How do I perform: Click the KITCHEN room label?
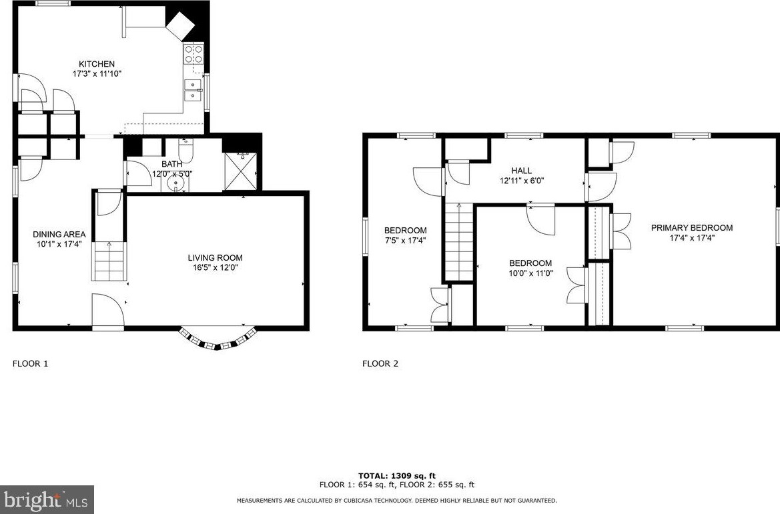[x=97, y=64]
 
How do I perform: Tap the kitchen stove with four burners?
[x=193, y=54]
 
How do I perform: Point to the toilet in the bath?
[x=184, y=149]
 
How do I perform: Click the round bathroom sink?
[x=175, y=185]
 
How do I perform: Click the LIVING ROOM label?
[x=215, y=257]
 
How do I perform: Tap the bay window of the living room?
[x=218, y=339]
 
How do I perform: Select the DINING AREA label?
[x=59, y=234]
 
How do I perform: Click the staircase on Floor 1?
[x=109, y=261]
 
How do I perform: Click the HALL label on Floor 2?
[x=521, y=171]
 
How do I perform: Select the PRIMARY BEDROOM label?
[x=691, y=228]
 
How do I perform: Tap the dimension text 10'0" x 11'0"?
[x=530, y=273]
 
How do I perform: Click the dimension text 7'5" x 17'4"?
[x=406, y=240]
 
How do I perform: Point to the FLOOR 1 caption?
[x=30, y=363]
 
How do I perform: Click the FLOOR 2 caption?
[x=380, y=363]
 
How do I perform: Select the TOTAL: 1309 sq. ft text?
[x=397, y=476]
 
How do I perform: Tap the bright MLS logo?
[x=47, y=499]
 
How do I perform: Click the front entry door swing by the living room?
[x=108, y=310]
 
